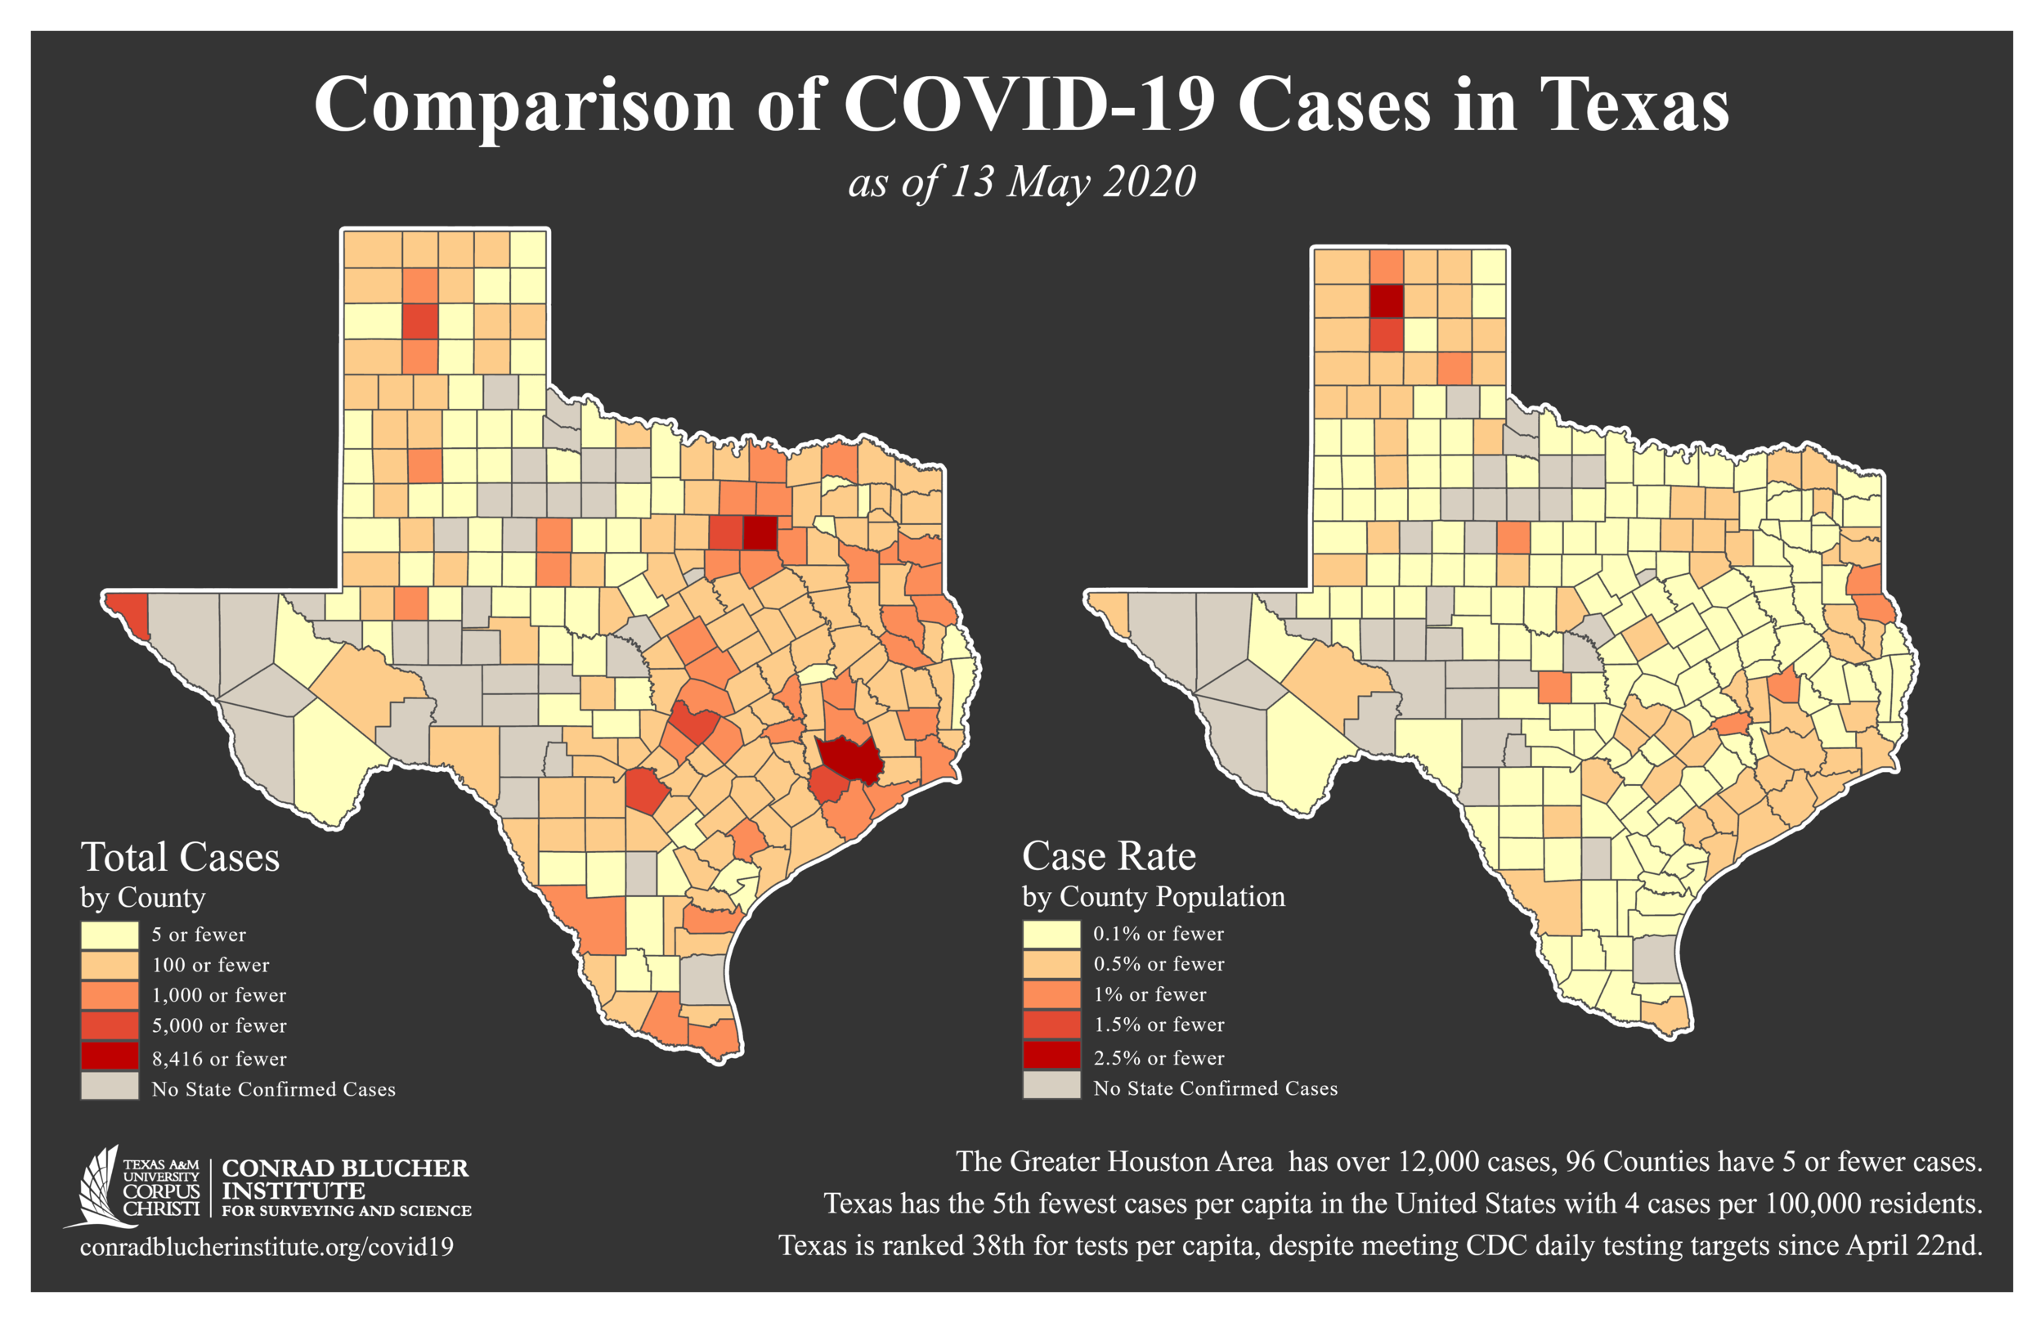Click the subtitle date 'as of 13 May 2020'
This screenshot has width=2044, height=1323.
1021,182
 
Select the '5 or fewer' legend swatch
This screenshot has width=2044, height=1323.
110,935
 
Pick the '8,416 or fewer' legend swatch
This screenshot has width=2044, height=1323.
110,1057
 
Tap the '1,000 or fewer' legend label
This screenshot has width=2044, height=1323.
219,995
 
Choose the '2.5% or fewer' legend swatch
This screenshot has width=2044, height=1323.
1051,1056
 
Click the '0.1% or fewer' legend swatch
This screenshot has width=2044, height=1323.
1051,934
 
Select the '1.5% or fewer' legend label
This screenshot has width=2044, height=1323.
1159,1024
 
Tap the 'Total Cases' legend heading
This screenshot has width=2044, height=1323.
181,858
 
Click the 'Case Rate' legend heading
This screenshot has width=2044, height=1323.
1109,856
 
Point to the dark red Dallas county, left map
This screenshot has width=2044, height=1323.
760,532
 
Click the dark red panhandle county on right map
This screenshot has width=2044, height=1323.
1386,302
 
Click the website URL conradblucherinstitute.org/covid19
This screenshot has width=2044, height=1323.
267,1246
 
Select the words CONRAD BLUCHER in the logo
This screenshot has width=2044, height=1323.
345,1168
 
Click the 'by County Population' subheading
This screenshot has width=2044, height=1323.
1154,897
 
